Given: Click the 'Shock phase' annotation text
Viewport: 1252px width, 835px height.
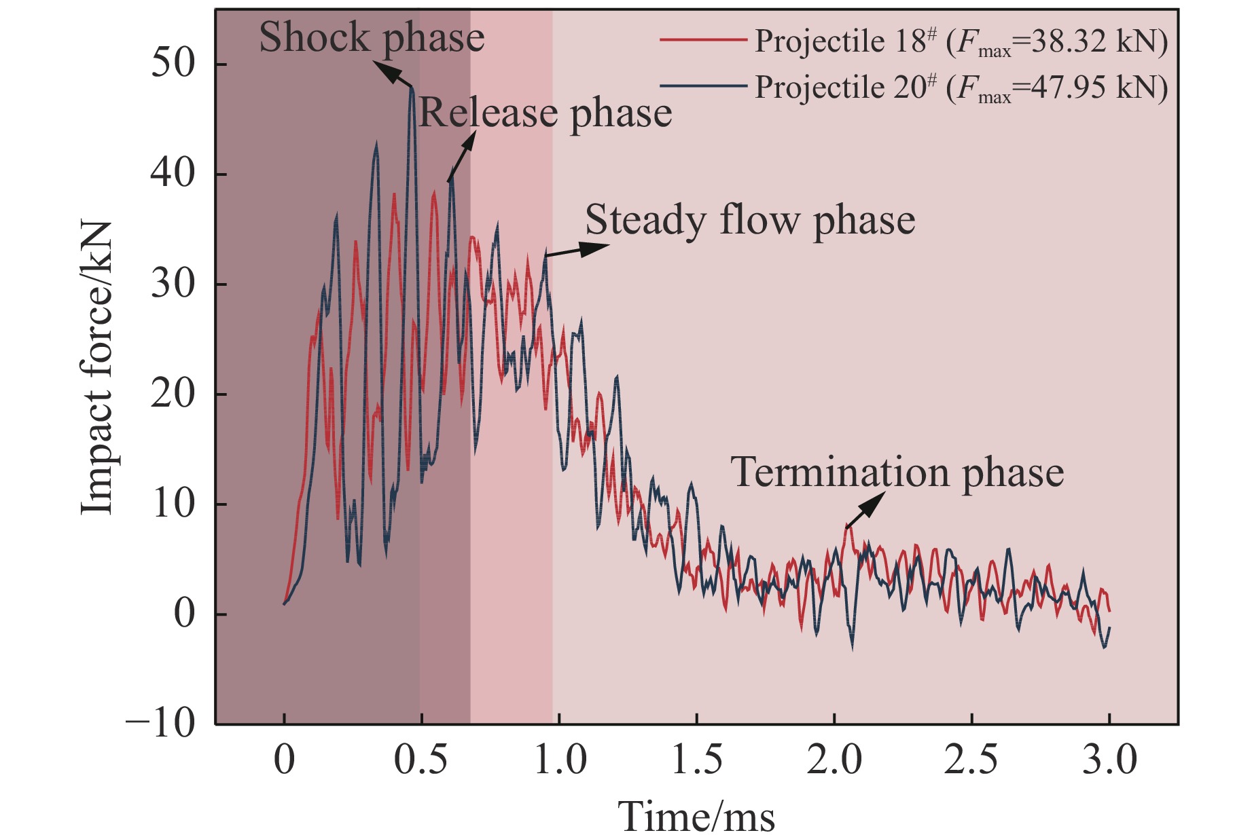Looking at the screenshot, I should click(372, 38).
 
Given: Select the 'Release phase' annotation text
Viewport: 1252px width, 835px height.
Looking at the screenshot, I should click(545, 113).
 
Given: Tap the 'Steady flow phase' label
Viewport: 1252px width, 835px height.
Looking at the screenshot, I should click(750, 221).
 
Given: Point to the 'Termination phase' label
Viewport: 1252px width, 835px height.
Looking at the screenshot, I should click(897, 472).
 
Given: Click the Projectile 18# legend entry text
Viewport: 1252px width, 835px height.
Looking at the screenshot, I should click(961, 42).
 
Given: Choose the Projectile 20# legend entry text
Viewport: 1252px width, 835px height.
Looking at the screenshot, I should click(961, 88).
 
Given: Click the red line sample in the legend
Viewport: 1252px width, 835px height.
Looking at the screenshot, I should click(703, 41).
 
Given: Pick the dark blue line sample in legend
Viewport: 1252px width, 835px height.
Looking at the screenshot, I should click(703, 86).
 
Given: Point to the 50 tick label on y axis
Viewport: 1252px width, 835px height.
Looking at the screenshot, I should click(173, 64).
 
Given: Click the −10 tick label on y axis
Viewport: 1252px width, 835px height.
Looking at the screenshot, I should click(160, 724).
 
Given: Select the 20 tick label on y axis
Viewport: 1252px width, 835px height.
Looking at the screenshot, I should click(173, 394).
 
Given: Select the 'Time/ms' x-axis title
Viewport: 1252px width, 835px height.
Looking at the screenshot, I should click(696, 814).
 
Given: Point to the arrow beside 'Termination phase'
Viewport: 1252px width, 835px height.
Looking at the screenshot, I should click(865, 510).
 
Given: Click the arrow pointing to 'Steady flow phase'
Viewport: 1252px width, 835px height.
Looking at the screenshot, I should click(577, 250).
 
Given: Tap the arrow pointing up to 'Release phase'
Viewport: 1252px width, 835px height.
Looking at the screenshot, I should click(461, 155).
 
